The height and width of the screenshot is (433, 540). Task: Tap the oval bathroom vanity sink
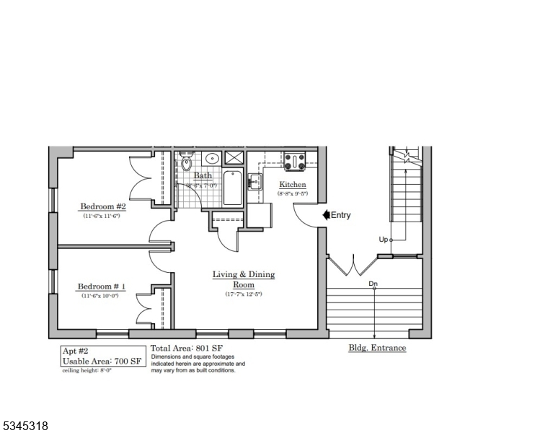212,158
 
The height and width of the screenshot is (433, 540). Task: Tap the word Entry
340,215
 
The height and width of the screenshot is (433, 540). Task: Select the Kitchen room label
293,185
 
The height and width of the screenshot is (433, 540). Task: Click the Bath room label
203,175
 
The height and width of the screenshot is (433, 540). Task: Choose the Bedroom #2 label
103,206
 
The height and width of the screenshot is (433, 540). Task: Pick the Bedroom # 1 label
102,287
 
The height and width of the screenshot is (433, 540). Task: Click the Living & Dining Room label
243,279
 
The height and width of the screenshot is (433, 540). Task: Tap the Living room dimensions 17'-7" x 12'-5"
243,294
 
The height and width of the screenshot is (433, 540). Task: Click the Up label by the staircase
383,240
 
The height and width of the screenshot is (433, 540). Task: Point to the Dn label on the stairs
373,284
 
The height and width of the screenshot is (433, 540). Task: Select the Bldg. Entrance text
377,348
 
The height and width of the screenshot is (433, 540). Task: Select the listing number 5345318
25,426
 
